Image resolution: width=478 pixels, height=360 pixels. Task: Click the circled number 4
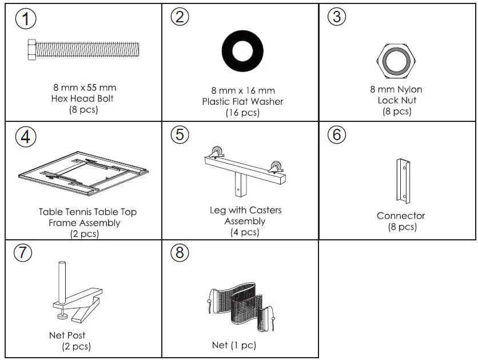[25, 137]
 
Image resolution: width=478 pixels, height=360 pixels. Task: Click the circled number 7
[23, 252]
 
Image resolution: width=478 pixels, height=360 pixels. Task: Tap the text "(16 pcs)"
[242, 113]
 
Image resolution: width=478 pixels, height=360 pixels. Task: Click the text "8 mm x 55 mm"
[84, 88]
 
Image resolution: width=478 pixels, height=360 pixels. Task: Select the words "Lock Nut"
[396, 100]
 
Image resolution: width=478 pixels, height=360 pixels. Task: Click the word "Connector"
[401, 216]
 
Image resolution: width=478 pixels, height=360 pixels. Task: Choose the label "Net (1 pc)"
[234, 345]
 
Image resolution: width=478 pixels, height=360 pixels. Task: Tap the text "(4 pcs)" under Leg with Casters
[245, 232]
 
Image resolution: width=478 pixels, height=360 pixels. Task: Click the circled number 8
[180, 252]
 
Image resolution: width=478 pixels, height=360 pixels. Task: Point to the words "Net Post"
[67, 335]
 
